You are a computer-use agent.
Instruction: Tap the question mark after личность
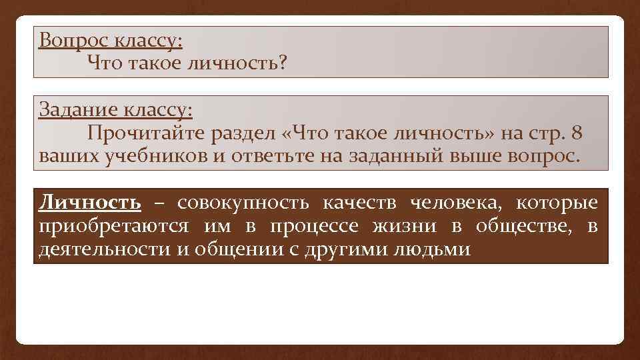tap(283, 64)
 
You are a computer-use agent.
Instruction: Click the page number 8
tap(577, 133)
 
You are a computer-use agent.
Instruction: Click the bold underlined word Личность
tap(90, 203)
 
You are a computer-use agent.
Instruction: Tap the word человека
tap(453, 203)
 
